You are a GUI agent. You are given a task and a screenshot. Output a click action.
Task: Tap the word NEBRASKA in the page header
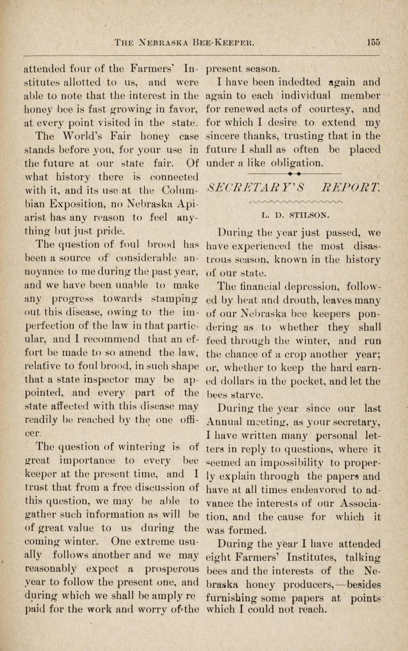(163, 42)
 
